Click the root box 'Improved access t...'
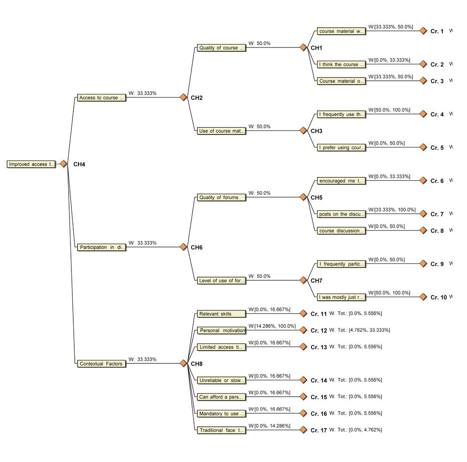31,164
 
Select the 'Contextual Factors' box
101,364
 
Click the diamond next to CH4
63,164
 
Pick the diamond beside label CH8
183,363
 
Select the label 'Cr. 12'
319,331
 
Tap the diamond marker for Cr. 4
423,114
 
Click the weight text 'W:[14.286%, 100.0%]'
272,326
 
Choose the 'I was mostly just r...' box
341,297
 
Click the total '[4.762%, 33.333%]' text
369,330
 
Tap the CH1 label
316,48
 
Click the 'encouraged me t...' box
341,181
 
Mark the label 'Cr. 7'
437,214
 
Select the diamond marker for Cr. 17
303,430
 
